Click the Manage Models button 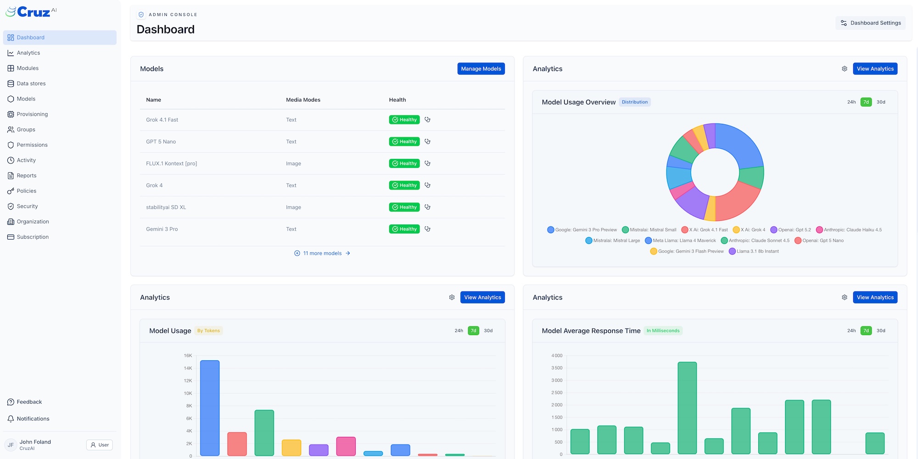(x=481, y=69)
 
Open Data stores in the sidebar (x=31, y=84)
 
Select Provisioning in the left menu (x=32, y=114)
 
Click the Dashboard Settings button (x=871, y=23)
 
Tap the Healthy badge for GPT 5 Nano (x=404, y=142)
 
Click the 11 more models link (x=322, y=253)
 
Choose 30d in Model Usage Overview (x=880, y=102)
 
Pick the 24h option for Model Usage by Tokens (x=459, y=330)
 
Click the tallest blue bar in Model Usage (x=210, y=408)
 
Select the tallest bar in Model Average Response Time (x=687, y=408)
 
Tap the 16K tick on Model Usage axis (x=188, y=356)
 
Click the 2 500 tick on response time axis (x=556, y=393)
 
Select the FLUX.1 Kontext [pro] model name (x=171, y=163)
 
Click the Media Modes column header (x=303, y=100)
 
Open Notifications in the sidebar (x=33, y=419)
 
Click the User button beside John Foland (x=100, y=445)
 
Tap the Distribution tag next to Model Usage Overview (x=634, y=102)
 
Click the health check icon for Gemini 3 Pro (x=427, y=229)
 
